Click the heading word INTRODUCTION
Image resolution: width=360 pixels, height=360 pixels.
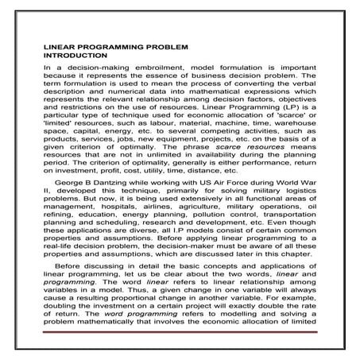coord(75,56)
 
